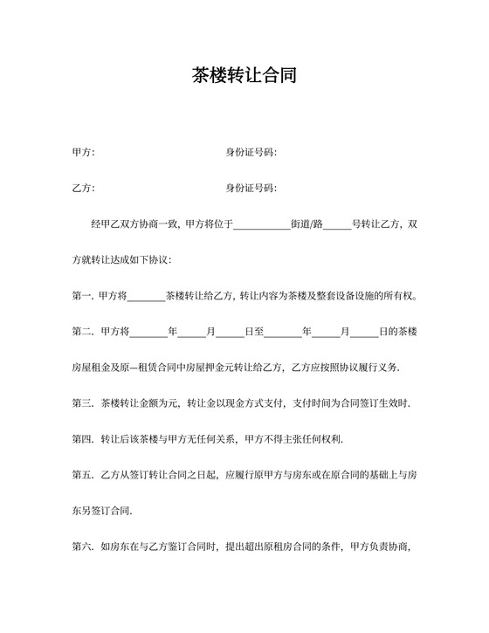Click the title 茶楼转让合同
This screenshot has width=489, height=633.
pos(244,75)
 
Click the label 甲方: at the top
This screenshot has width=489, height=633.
pos(83,153)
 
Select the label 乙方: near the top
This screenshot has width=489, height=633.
pos(83,189)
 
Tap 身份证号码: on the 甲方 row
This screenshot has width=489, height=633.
pos(251,153)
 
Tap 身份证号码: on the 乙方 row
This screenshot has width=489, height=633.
pos(251,189)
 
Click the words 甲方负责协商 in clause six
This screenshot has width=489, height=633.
pos(380,547)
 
